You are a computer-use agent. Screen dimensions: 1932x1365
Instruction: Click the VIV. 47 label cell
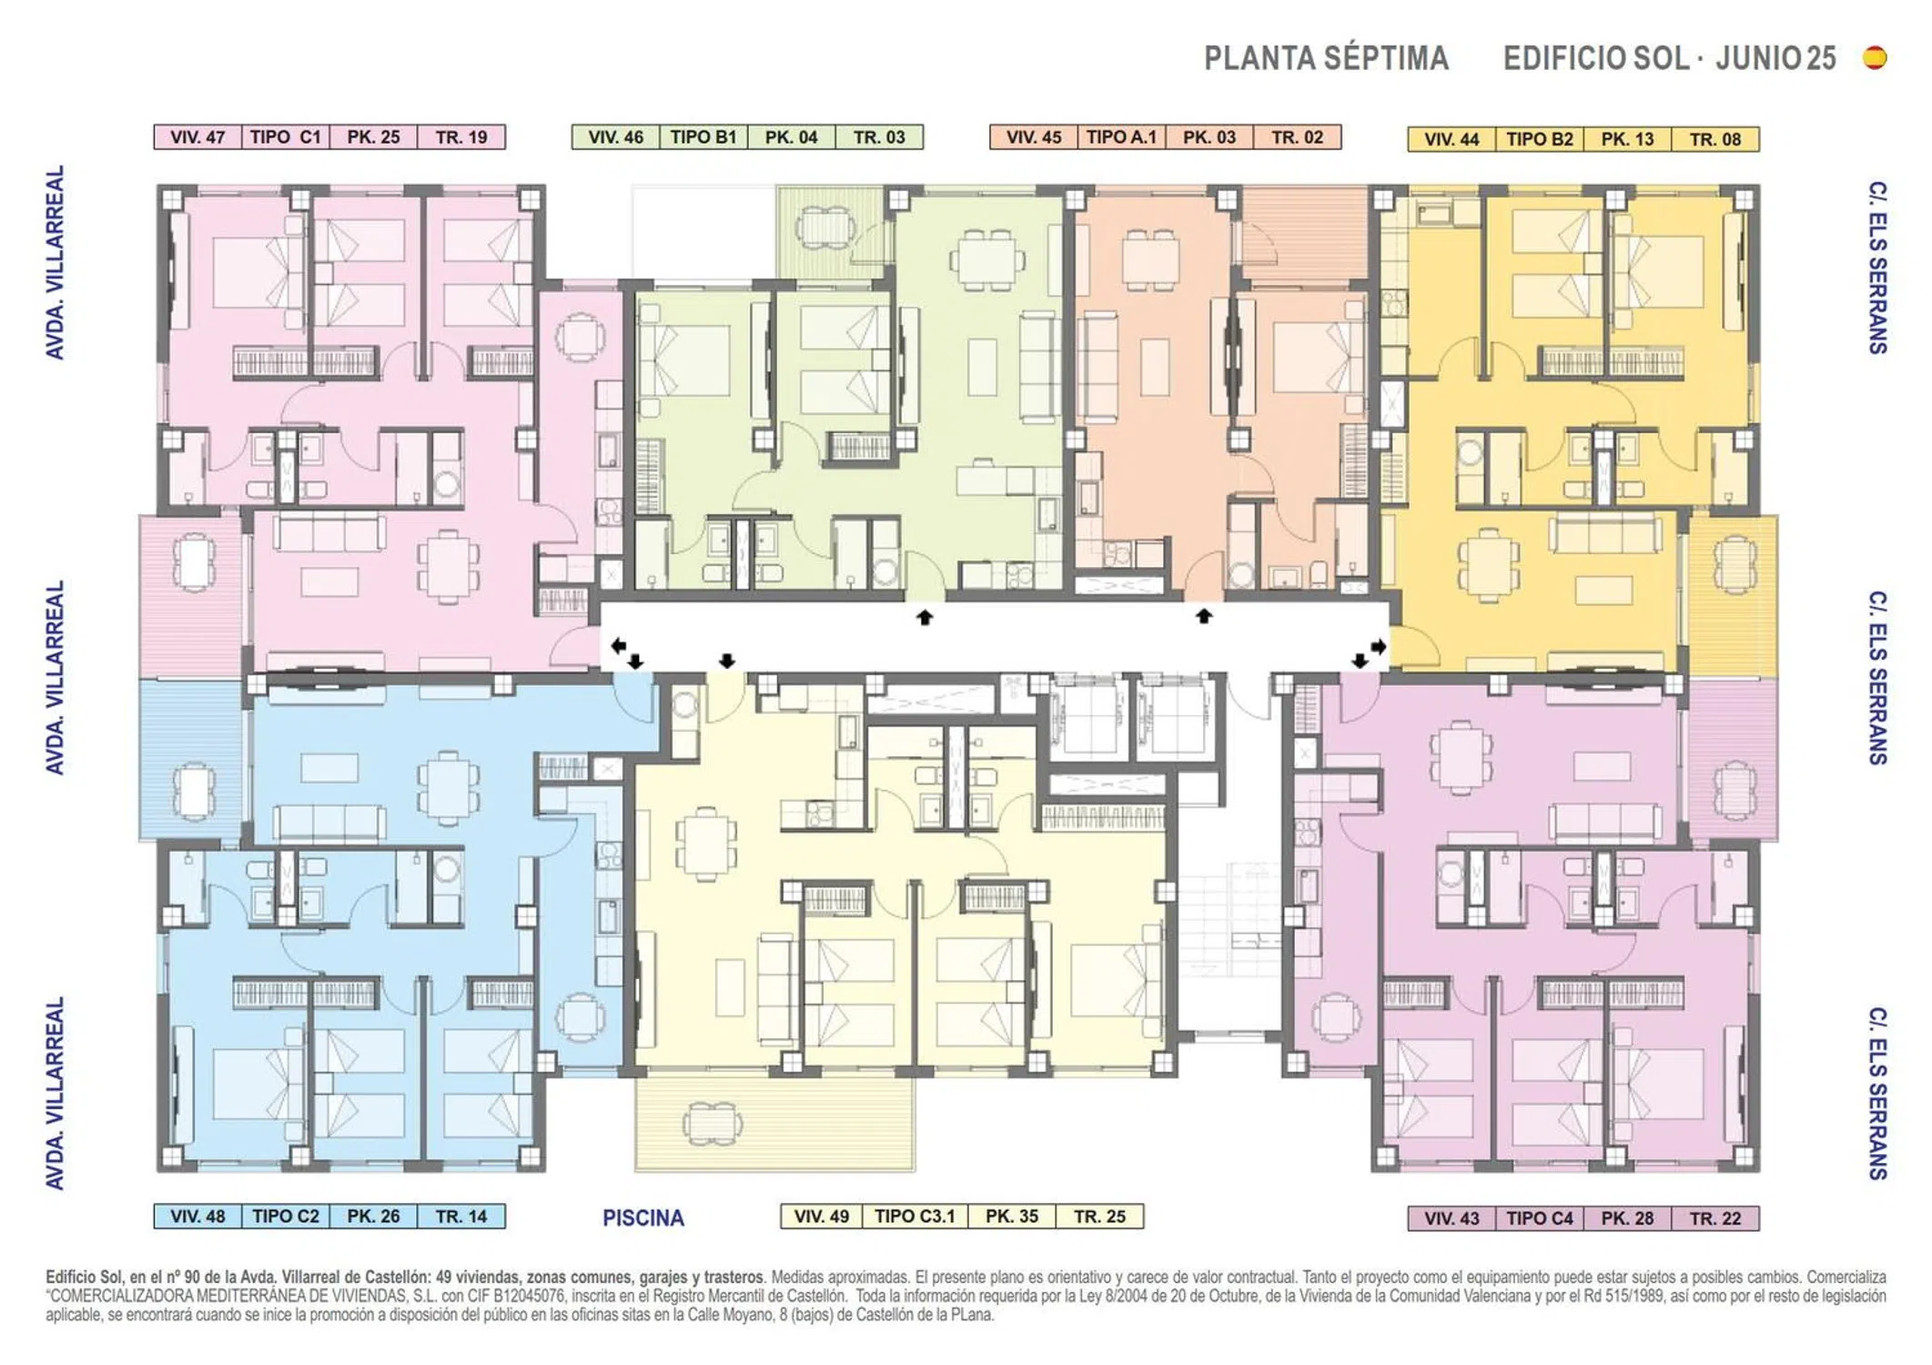(x=197, y=137)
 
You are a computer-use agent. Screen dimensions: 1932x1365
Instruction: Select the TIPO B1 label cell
(x=703, y=137)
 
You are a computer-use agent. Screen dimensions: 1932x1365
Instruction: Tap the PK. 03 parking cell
(x=1209, y=137)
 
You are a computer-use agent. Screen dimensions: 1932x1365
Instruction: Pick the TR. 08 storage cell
(x=1715, y=139)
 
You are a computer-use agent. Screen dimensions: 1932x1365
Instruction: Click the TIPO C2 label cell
(x=286, y=1216)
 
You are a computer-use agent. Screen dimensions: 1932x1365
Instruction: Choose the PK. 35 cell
(x=1011, y=1216)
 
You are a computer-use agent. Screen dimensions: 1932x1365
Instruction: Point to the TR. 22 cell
(x=1715, y=1218)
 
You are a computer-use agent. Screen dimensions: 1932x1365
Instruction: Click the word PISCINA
(x=643, y=1218)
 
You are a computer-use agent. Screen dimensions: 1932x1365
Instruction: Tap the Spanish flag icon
(x=1875, y=57)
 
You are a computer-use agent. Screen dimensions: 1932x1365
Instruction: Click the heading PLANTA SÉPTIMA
(x=1326, y=58)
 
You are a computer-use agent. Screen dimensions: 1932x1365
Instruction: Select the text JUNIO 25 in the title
(x=1775, y=58)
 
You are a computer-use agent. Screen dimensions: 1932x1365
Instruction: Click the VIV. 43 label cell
(x=1452, y=1218)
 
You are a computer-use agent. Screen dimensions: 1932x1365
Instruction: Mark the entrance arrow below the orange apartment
(x=1204, y=616)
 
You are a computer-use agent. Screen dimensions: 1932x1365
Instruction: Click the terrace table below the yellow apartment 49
(x=711, y=1123)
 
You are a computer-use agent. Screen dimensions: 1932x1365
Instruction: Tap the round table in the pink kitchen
(x=580, y=338)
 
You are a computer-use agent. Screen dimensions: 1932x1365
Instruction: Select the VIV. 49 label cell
(x=822, y=1216)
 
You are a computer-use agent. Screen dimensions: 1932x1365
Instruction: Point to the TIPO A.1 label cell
(x=1121, y=137)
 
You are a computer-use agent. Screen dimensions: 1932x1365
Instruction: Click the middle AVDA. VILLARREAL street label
(x=56, y=678)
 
